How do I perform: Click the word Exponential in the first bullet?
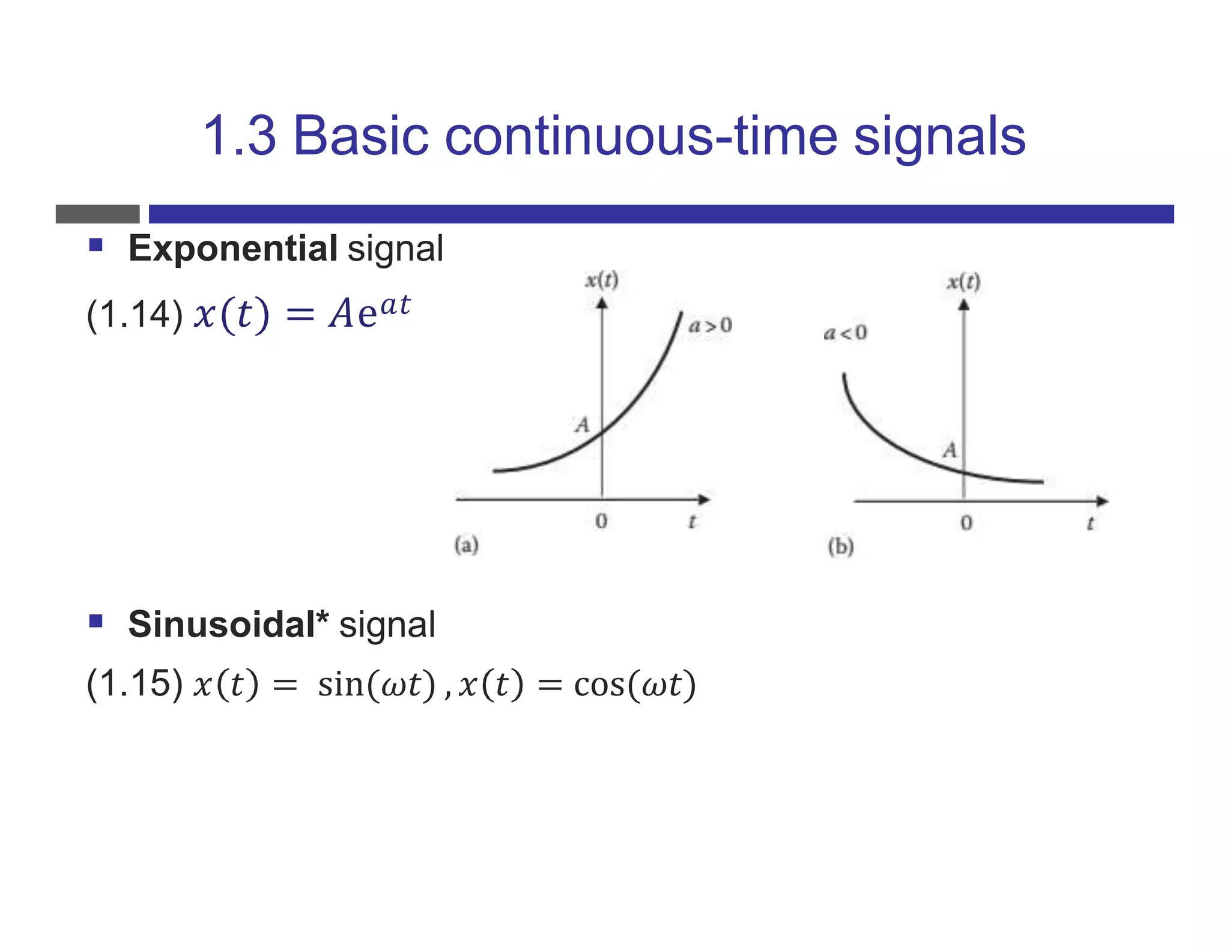[233, 249]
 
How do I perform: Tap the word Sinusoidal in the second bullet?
[222, 625]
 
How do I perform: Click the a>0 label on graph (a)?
[710, 326]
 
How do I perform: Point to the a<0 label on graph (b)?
[845, 333]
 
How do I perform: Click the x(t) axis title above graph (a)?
[602, 280]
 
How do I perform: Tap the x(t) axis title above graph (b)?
[963, 282]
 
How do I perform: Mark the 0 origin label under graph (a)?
[601, 521]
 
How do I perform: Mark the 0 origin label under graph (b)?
[966, 523]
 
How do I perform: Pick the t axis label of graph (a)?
[692, 522]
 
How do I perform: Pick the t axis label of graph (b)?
[1090, 524]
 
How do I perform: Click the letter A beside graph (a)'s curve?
[582, 425]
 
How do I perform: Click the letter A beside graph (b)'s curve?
[950, 450]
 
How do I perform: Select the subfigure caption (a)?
[466, 545]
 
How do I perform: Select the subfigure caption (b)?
[840, 546]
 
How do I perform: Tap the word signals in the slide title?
[939, 136]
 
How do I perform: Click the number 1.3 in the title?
[240, 136]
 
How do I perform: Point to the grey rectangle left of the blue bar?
[97, 214]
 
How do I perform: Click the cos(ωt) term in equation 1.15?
[635, 685]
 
